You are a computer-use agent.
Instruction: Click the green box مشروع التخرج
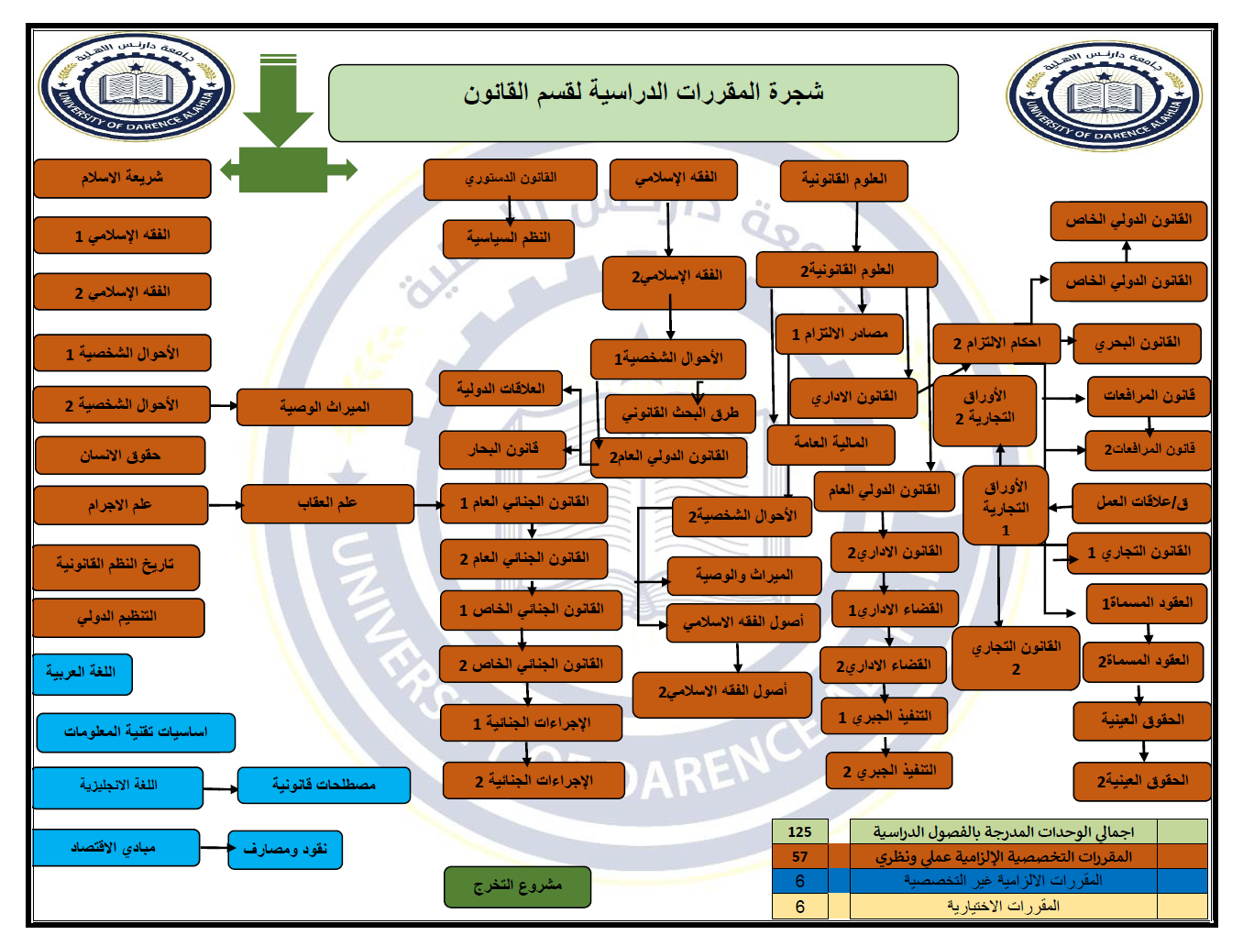[517, 886]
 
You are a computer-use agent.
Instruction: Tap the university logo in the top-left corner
[136, 89]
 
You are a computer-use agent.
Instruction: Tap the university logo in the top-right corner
[1106, 94]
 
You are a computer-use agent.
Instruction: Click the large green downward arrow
[278, 101]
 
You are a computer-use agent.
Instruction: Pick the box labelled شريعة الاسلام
[122, 178]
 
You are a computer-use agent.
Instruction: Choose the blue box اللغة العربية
[82, 673]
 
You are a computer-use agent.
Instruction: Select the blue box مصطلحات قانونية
[324, 785]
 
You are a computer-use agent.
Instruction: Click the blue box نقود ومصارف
[285, 849]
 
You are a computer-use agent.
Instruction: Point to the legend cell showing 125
[799, 831]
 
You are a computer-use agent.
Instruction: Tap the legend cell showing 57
[799, 856]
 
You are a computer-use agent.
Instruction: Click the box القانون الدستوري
[510, 179]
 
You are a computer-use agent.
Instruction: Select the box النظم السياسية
[508, 238]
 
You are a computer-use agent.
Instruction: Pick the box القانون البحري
[1138, 344]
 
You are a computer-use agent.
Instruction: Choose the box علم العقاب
[327, 503]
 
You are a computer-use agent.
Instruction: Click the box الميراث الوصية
[324, 407]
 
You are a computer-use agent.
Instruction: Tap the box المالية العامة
[830, 444]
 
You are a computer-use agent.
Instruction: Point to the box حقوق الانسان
[120, 456]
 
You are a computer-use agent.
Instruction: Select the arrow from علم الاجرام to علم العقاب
[225, 504]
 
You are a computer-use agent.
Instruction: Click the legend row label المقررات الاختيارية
[1003, 906]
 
